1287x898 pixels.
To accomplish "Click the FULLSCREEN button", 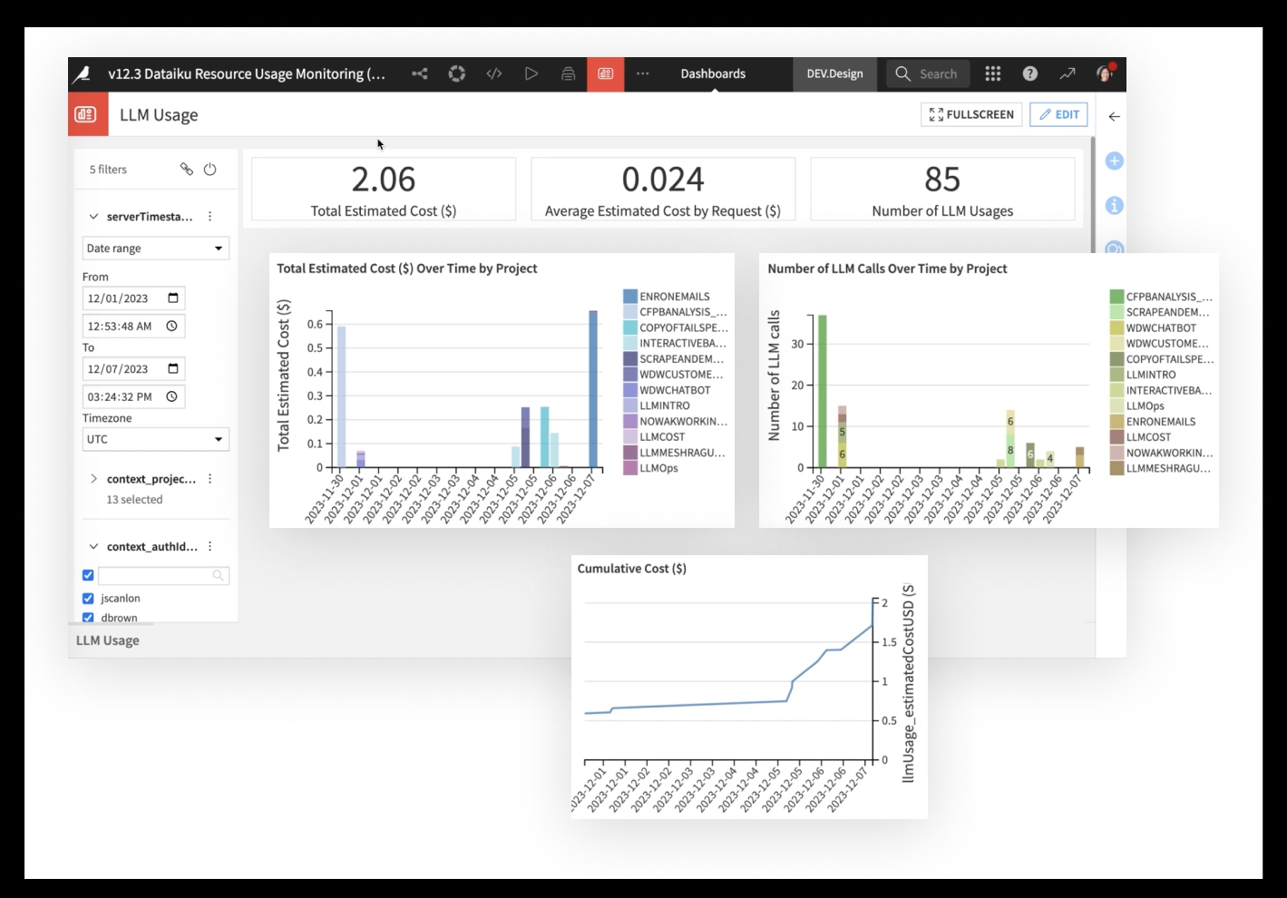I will (x=971, y=114).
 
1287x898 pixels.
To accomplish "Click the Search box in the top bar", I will (x=928, y=74).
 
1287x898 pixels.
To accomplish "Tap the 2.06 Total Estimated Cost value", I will (x=383, y=180).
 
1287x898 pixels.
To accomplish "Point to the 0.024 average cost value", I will (x=662, y=180).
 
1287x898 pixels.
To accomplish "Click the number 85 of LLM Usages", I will (x=941, y=180).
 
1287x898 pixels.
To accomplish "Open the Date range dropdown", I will (x=155, y=249).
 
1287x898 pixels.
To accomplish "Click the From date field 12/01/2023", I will (x=132, y=298).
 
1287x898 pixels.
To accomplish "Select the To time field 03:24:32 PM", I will (x=132, y=396).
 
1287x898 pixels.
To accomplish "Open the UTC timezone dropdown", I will (x=155, y=439).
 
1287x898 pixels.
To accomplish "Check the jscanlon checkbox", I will (x=88, y=599).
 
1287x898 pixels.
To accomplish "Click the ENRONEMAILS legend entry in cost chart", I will (x=674, y=297).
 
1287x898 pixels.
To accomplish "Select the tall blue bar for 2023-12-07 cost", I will (x=593, y=389).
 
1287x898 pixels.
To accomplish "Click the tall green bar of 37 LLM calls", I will (x=822, y=391).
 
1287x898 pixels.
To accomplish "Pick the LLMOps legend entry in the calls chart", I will (x=1145, y=406).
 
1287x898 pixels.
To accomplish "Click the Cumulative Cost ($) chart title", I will (x=631, y=569).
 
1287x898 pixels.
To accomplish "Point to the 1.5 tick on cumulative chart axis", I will (x=889, y=642).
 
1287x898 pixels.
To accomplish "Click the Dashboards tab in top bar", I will (x=713, y=74).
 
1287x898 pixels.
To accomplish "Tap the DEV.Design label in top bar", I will (x=834, y=74).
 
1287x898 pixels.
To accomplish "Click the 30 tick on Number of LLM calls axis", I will (x=797, y=344).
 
